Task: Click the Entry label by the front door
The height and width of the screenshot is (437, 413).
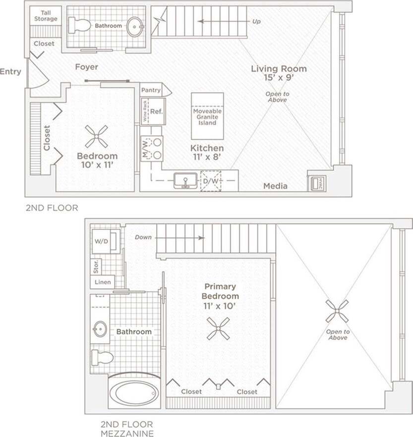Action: (x=10, y=71)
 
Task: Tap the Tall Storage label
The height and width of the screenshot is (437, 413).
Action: (x=46, y=15)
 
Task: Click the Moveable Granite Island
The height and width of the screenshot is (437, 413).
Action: (x=207, y=116)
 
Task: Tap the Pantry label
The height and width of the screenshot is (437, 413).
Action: (x=151, y=90)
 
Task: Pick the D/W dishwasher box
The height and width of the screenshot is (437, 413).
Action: (x=210, y=181)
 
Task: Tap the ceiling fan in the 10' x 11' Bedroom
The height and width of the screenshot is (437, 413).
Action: (x=96, y=136)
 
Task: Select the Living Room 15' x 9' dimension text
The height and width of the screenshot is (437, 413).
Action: (x=278, y=78)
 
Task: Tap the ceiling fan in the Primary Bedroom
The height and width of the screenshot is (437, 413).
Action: (x=218, y=329)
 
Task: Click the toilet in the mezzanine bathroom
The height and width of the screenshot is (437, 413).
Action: (x=101, y=357)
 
